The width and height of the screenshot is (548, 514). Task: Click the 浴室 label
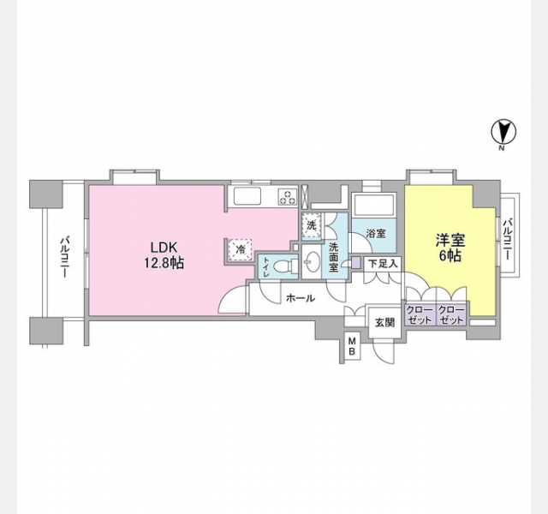[375, 233]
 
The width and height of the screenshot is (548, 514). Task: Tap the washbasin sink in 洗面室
[311, 262]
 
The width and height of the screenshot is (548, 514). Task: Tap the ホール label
[300, 298]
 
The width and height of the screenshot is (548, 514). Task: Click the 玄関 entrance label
[384, 322]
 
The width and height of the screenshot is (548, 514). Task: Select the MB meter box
[351, 348]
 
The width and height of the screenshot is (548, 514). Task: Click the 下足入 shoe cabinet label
[383, 264]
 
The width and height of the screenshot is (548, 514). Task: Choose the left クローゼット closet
[420, 314]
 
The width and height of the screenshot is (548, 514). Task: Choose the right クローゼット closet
[451, 314]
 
